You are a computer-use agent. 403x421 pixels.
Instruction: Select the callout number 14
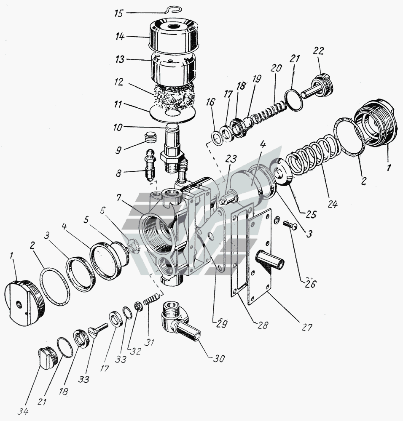120,36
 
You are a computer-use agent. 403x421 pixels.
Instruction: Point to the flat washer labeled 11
172,112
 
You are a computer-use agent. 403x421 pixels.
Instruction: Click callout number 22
318,51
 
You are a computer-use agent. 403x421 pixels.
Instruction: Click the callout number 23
231,159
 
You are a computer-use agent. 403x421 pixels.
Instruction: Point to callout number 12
118,82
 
